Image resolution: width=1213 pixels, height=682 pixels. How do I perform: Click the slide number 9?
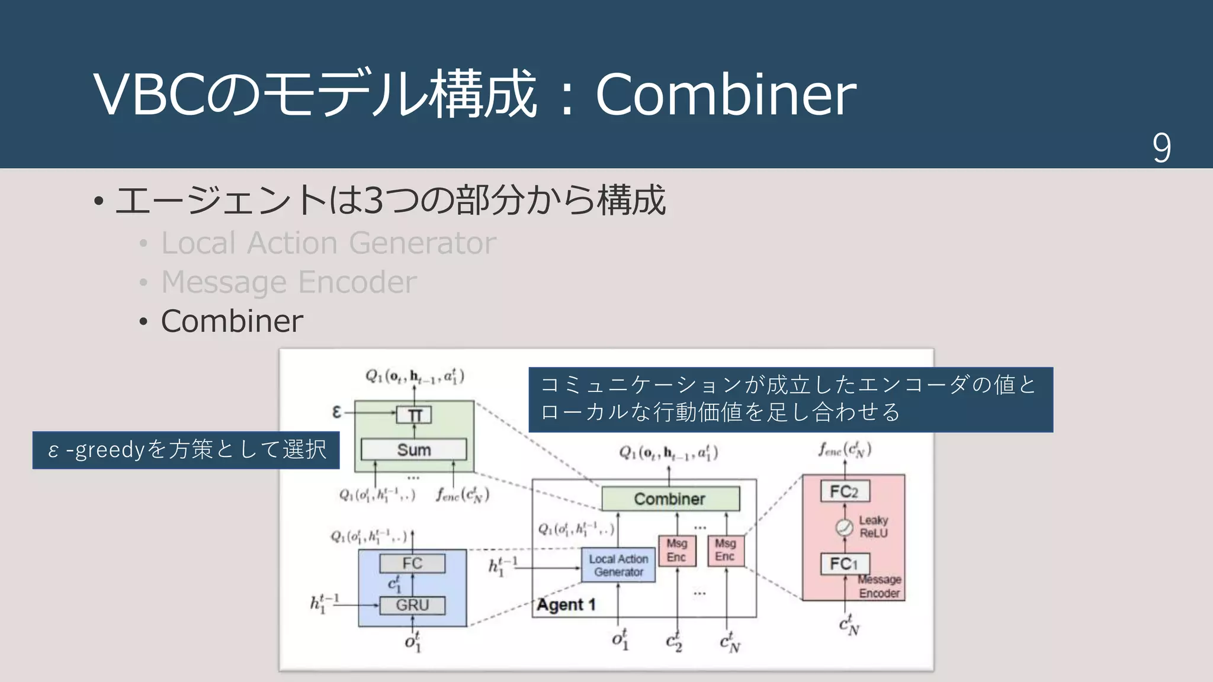[x=1161, y=148]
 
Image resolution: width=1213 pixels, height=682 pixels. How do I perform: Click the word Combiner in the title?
[x=726, y=95]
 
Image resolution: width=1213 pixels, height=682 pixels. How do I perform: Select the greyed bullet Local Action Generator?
[x=328, y=243]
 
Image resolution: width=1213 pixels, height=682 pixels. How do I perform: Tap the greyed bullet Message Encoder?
[x=288, y=282]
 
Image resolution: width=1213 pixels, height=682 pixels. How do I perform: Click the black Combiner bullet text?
[x=232, y=321]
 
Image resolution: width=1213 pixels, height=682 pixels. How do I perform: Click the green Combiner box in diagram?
[x=670, y=498]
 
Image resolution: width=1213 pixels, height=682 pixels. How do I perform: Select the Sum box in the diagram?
[x=413, y=449]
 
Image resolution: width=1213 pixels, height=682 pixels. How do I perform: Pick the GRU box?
[x=412, y=605]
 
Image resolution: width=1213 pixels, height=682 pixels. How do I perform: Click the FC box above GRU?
[x=412, y=563]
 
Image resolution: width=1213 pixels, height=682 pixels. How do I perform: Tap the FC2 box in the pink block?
[x=844, y=491]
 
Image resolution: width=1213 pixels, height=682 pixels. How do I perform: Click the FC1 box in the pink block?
[x=844, y=564]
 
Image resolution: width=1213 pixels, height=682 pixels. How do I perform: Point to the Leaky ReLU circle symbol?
[x=844, y=527]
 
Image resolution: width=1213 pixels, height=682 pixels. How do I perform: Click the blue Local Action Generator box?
[x=618, y=565]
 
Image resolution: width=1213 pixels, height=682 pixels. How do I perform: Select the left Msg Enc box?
[x=677, y=550]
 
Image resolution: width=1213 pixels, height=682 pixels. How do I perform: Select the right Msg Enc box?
[x=726, y=550]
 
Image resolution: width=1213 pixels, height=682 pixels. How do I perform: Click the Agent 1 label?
[x=566, y=605]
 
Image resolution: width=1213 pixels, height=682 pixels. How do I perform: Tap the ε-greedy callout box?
[x=186, y=450]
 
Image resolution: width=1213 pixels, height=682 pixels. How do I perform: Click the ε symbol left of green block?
[x=336, y=411]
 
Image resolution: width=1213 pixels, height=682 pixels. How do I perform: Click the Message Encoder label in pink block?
[x=880, y=586]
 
